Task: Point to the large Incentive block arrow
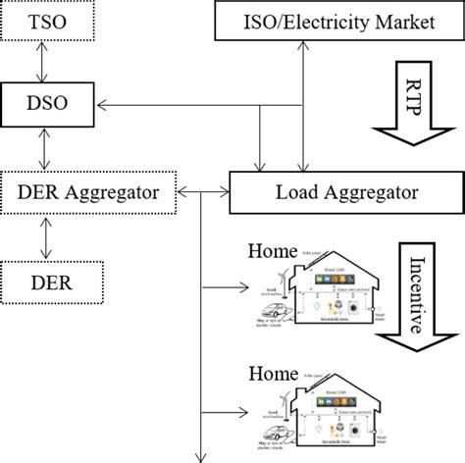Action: tap(411, 294)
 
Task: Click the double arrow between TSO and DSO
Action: tap(38, 61)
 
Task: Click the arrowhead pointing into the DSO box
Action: tap(103, 101)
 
